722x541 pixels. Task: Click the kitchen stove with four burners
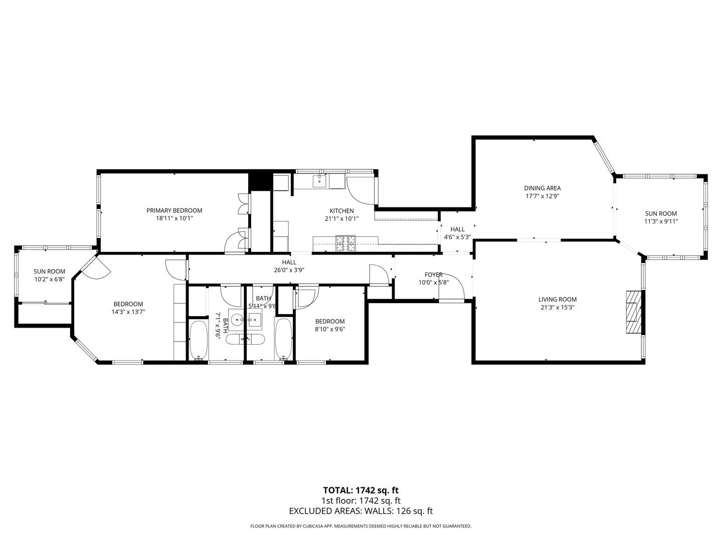point(345,243)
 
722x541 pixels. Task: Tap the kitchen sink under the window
point(319,181)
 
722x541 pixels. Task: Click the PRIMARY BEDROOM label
point(174,210)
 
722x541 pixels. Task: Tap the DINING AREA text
point(542,188)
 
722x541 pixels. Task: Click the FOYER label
point(433,275)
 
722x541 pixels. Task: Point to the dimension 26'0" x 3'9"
point(289,270)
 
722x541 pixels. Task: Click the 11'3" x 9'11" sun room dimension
point(661,221)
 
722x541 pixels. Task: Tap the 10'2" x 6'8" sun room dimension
point(49,280)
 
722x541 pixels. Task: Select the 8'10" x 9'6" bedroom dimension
point(329,330)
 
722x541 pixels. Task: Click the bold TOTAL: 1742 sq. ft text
point(360,490)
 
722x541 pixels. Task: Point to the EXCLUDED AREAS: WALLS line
point(360,511)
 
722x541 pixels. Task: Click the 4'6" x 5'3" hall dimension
point(457,237)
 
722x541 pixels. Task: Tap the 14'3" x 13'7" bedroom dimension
point(128,312)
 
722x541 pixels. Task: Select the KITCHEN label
point(341,211)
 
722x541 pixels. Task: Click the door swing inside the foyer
point(451,288)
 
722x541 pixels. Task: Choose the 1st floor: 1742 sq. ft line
point(360,501)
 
